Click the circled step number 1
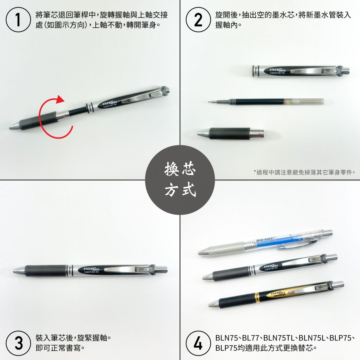(18, 19)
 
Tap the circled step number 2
(198, 19)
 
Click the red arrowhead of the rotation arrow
(60, 99)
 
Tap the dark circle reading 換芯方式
(180, 180)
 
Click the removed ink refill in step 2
(266, 102)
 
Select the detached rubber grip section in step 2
(231, 133)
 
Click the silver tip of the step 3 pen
(19, 271)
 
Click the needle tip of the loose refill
(209, 102)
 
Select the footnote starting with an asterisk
(304, 172)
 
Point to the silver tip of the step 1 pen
(14, 126)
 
